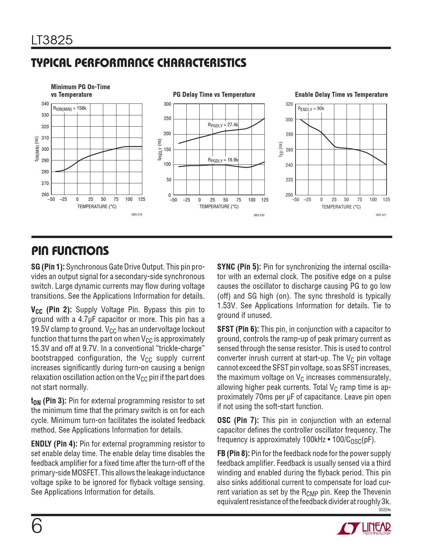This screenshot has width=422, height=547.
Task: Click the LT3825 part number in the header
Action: pos(52,40)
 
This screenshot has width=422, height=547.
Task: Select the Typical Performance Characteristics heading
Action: pos(139,63)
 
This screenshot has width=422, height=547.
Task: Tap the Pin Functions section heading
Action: pos(70,251)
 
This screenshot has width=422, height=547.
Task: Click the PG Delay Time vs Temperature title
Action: pos(214,94)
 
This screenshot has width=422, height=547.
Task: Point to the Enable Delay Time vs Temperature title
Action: pos(341,94)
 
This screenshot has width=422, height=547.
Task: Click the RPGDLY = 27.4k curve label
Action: pos(223,125)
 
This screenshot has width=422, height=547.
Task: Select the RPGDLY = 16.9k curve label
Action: pos(223,160)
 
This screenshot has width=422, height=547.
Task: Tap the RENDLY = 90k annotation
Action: pos(311,109)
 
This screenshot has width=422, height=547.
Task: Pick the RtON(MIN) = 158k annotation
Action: pos(70,108)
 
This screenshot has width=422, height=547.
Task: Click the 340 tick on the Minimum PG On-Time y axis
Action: pos(45,104)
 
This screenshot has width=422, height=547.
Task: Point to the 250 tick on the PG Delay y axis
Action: pos(167,119)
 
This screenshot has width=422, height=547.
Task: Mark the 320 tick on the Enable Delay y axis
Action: pos(289,104)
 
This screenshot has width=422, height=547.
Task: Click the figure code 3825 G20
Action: pos(259,215)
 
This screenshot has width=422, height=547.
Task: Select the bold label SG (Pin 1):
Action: pos(48,267)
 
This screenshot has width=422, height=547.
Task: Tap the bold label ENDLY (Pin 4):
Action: pos(54,444)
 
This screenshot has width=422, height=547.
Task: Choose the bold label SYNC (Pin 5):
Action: pos(239,267)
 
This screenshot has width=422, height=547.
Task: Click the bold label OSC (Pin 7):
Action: pos(238,420)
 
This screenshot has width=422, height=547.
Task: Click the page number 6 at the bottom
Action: pos(37,526)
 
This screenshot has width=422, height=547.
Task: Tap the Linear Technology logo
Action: pos(364,528)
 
